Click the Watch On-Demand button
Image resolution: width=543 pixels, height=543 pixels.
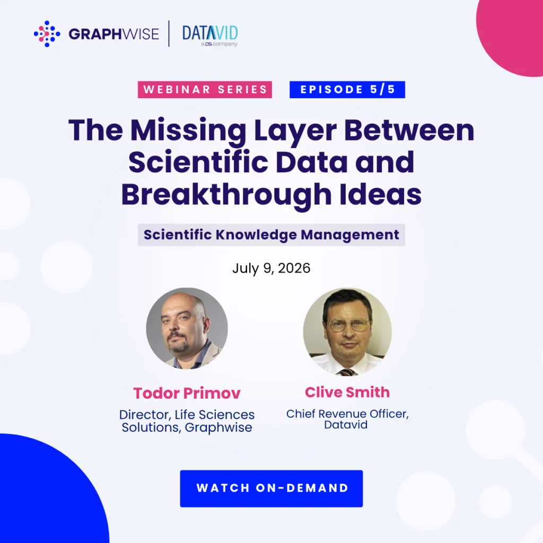tap(271, 488)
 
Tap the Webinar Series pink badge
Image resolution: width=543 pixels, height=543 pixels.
tap(205, 90)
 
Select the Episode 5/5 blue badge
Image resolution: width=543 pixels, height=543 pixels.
tap(347, 90)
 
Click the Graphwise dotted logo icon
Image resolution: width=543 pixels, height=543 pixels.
tap(47, 33)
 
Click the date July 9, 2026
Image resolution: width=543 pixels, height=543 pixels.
tap(271, 268)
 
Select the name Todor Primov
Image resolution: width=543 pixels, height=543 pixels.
tap(187, 393)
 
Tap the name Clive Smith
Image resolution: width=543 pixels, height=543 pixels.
tap(347, 392)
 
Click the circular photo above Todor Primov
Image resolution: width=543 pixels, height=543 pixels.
tap(187, 328)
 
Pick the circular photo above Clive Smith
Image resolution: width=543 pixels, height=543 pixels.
tap(347, 332)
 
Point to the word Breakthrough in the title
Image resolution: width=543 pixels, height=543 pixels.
tap(226, 195)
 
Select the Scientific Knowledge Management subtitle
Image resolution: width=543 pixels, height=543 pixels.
tap(271, 235)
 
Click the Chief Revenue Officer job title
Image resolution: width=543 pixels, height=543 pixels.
tap(347, 414)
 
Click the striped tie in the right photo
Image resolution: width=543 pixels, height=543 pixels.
tap(347, 372)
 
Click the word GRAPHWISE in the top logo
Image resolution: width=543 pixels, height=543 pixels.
tap(113, 34)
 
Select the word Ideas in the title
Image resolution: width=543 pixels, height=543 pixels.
tap(381, 194)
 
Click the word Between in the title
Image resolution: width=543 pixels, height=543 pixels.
tap(409, 130)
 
